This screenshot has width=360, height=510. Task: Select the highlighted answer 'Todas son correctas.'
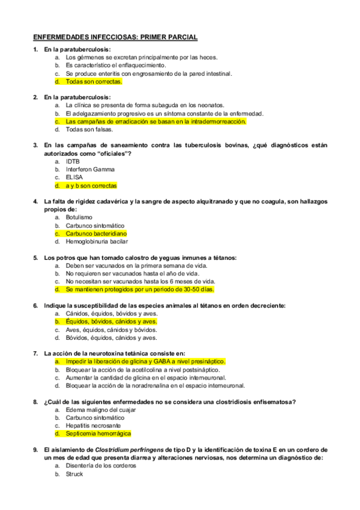94,81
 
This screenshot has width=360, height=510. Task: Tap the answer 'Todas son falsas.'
90,129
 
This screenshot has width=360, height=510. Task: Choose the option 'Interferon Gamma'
90,170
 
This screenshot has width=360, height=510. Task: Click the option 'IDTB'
73,161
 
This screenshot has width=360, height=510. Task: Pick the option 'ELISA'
75,177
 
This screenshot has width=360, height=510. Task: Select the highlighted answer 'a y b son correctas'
91,186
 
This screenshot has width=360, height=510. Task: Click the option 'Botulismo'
79,217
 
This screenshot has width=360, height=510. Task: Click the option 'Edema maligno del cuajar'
101,410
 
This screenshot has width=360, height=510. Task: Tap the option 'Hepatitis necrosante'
94,425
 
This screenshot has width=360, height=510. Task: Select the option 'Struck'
75,474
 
